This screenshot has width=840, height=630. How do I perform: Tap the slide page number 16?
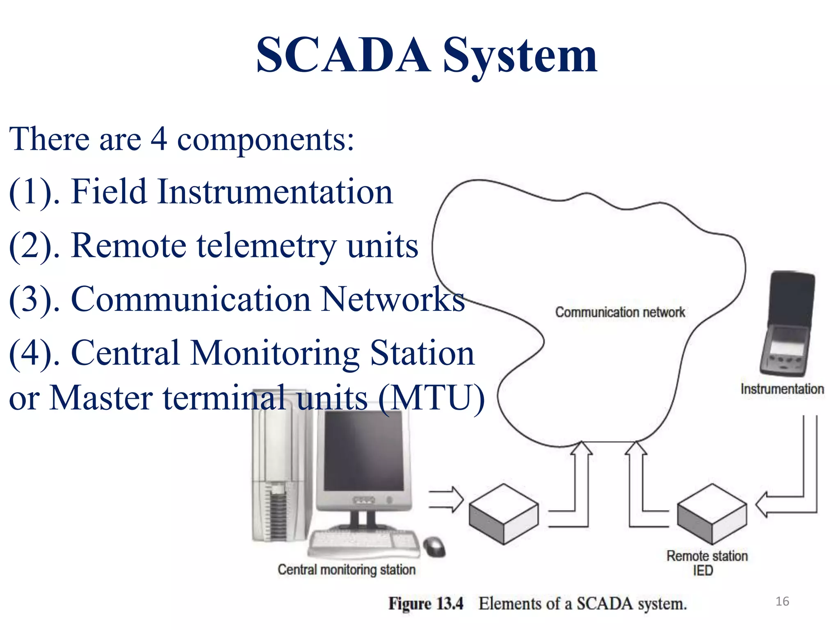[x=782, y=601]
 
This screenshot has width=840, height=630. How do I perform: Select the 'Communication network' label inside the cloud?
[x=620, y=312]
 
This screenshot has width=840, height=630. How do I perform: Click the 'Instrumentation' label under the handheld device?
[x=782, y=389]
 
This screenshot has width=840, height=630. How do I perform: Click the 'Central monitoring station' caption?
[x=347, y=570]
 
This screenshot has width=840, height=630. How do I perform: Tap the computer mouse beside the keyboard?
[x=435, y=546]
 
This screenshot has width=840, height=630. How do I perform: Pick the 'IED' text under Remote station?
[x=703, y=571]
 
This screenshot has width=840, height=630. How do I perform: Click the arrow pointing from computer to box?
[x=446, y=499]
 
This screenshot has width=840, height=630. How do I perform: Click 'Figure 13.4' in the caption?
[x=426, y=604]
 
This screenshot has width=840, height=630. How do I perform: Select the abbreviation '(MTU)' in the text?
[x=431, y=397]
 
